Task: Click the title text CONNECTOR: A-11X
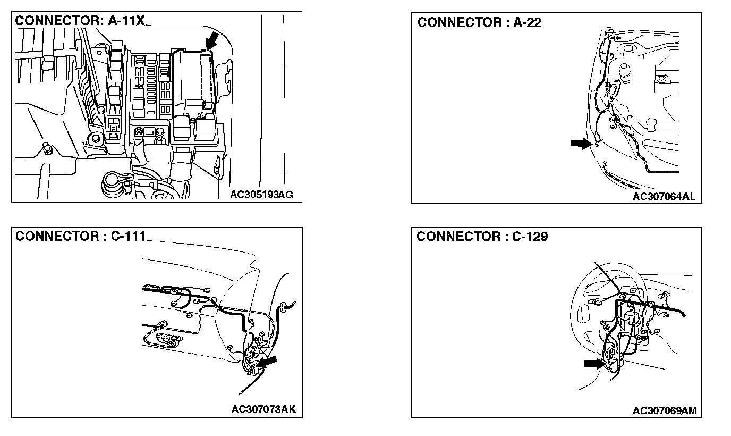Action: pyautogui.click(x=80, y=21)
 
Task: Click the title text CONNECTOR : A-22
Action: pyautogui.click(x=480, y=23)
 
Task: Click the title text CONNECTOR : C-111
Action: pyautogui.click(x=80, y=237)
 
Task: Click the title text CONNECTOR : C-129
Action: pyautogui.click(x=482, y=237)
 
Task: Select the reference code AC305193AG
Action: pyautogui.click(x=261, y=195)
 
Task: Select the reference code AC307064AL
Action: pyautogui.click(x=664, y=196)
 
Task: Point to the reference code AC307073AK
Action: pyautogui.click(x=263, y=409)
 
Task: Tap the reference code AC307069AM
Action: pyautogui.click(x=664, y=410)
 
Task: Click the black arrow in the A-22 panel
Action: pyautogui.click(x=581, y=143)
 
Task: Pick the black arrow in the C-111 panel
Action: pyautogui.click(x=268, y=363)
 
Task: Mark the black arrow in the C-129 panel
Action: pyautogui.click(x=594, y=363)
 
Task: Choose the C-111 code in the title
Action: pyautogui.click(x=127, y=237)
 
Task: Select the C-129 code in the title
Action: pyautogui.click(x=530, y=237)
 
